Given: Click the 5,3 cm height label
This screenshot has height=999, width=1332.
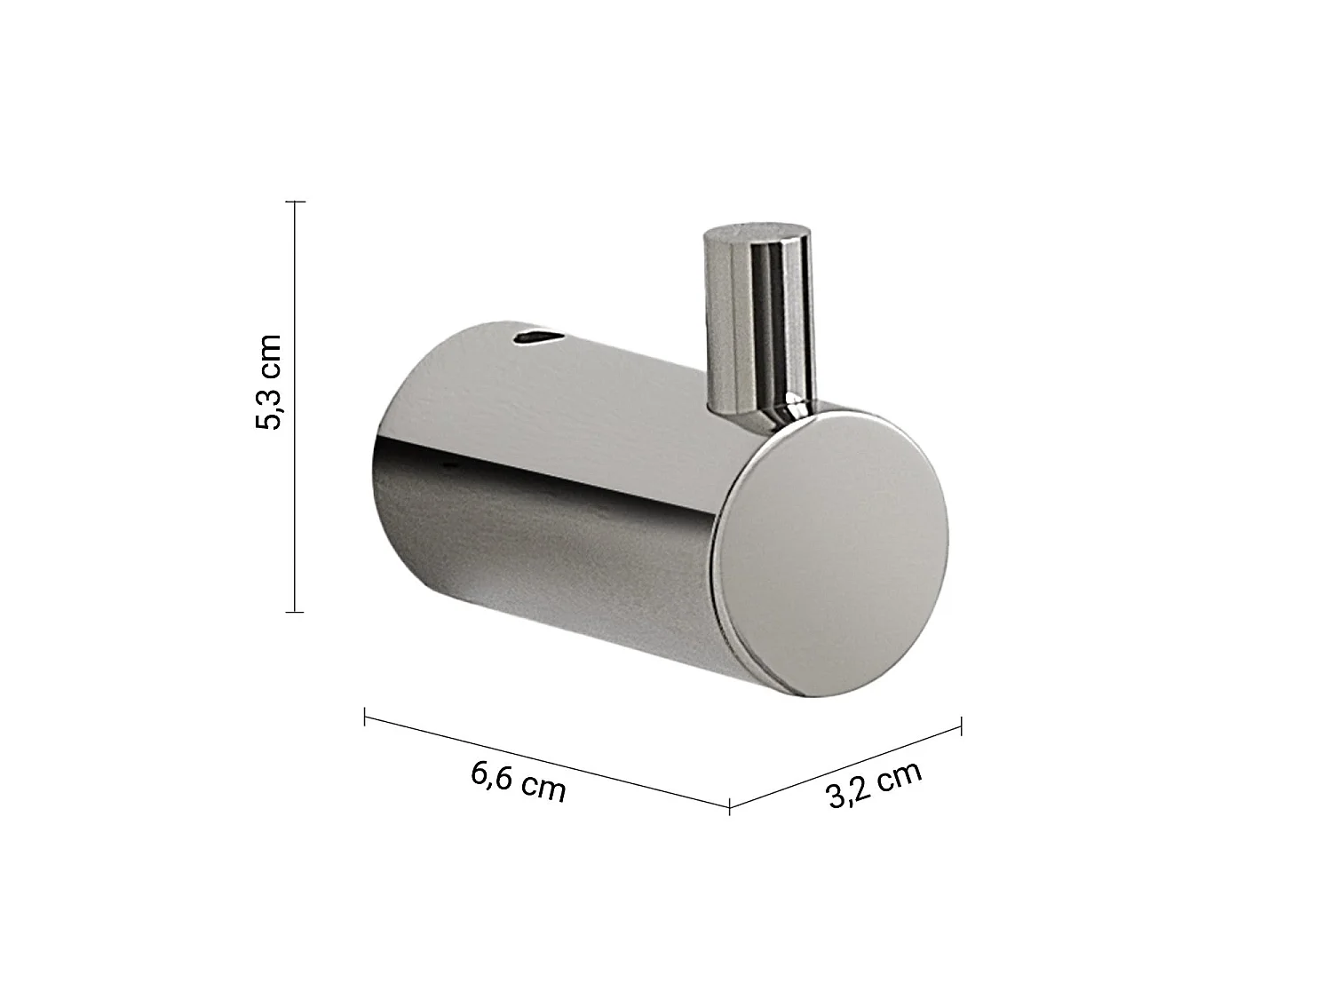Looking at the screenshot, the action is [268, 382].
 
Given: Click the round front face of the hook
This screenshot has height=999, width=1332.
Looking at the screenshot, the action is [831, 553].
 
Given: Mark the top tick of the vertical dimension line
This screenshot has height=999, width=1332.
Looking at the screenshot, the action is [295, 202].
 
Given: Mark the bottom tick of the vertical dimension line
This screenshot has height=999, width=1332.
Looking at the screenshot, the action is [295, 612].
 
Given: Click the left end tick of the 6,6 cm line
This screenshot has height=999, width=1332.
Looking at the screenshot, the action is [365, 717].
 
